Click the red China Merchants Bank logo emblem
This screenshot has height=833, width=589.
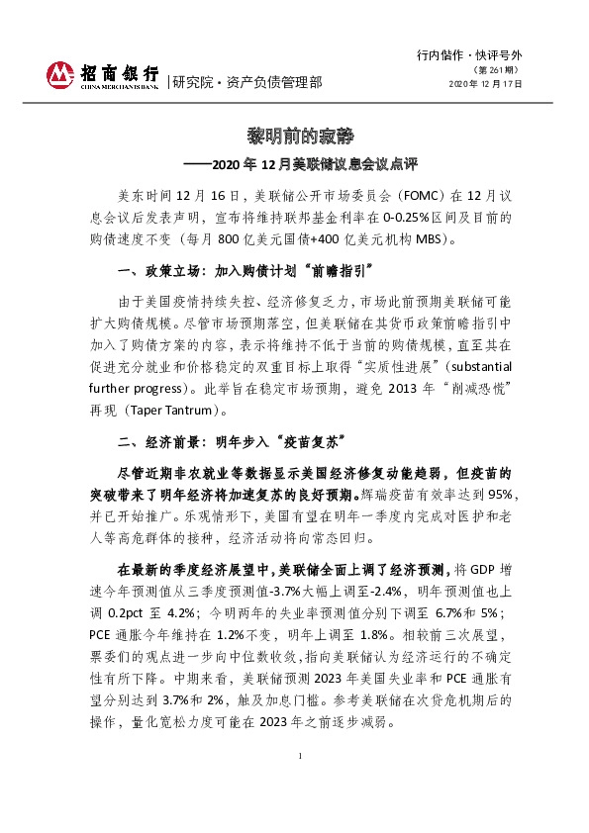click(60, 74)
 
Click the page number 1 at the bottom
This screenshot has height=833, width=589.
click(299, 756)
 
